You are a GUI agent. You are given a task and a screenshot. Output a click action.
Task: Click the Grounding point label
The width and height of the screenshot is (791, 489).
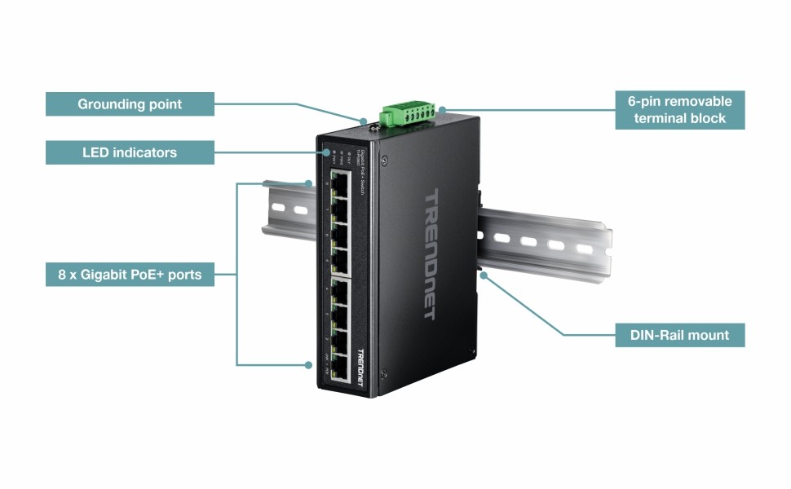130,104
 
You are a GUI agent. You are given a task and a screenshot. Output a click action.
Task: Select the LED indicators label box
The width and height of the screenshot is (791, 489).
130,152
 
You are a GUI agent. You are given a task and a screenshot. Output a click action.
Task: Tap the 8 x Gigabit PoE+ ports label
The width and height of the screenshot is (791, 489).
130,275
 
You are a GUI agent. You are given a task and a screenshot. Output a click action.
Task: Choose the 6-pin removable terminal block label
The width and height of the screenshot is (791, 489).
680,110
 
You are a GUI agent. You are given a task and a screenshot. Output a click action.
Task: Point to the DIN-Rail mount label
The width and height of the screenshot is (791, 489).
680,335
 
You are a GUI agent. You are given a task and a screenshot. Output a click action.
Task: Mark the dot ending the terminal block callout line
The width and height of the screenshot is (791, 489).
441,109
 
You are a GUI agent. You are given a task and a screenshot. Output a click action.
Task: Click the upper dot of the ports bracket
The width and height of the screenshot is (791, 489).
310,183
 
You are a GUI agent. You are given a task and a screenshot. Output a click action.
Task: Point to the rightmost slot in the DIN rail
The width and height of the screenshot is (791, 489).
584,248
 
